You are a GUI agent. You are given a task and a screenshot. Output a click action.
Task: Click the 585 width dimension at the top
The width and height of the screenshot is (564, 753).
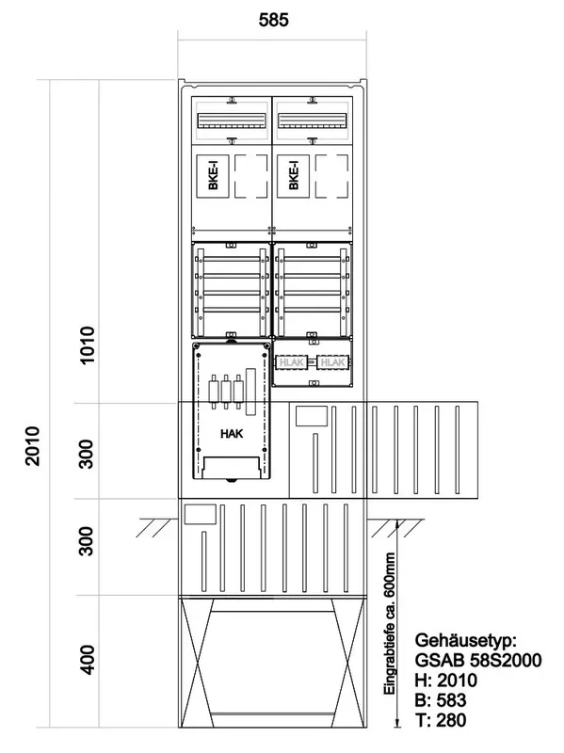tap(273, 20)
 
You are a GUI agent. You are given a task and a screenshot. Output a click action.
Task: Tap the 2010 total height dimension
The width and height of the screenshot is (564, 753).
tap(33, 445)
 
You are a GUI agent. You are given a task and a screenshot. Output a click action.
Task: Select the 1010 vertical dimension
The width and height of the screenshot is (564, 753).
tap(88, 344)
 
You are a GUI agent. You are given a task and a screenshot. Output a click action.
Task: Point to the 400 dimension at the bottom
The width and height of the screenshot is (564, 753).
tap(87, 660)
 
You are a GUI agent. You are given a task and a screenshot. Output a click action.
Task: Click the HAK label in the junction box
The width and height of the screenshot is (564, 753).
tap(232, 434)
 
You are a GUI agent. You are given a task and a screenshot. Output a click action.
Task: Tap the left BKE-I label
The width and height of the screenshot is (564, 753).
tap(214, 175)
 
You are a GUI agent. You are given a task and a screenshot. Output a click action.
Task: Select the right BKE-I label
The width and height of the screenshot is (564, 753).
tap(294, 175)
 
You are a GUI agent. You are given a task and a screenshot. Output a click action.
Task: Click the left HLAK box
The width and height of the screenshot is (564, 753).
tap(292, 362)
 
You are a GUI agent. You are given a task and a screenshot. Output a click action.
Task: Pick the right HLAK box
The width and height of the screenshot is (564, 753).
tap(332, 362)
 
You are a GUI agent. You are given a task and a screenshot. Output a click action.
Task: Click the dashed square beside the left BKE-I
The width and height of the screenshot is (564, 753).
tap(250, 176)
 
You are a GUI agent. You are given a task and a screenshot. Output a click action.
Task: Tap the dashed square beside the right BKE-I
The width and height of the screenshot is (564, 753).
tap(331, 176)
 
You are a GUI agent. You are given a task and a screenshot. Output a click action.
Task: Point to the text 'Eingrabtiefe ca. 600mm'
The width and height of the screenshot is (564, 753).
tap(390, 623)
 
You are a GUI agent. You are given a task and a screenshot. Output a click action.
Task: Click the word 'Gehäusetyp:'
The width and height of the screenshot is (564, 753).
tap(465, 640)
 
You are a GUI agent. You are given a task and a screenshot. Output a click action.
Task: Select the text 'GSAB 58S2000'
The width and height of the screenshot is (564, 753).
tap(478, 661)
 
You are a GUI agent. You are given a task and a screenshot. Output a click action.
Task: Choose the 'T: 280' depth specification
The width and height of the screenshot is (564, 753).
tap(441, 720)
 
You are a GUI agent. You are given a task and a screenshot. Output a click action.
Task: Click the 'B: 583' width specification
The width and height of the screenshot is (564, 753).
tap(441, 700)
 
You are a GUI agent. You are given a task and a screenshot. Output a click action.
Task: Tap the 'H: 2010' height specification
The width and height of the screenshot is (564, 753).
tap(445, 680)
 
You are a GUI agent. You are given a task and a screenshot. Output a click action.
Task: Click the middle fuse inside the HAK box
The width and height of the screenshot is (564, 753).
tap(226, 392)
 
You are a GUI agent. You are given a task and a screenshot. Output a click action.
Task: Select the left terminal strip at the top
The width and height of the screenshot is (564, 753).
tap(232, 120)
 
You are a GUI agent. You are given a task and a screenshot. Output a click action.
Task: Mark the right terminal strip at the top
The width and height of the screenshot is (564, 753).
tap(313, 120)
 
